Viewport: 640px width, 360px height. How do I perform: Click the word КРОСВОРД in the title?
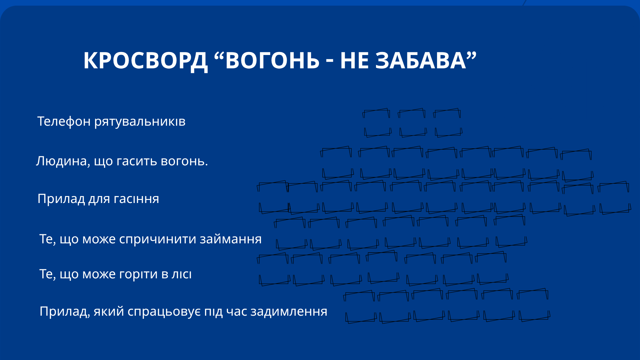pos(145,61)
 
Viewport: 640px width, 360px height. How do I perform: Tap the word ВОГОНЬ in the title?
pos(272,61)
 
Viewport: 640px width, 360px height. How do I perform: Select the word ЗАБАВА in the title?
pos(421,61)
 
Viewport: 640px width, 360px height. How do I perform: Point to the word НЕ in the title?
pos(354,61)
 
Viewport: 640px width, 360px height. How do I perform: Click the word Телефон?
pos(64,122)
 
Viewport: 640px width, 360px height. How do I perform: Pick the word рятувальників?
pos(140,122)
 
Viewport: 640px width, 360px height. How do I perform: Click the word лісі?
pos(182,274)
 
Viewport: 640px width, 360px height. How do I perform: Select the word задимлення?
pos(289,312)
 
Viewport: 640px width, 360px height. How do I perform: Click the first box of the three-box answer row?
pos(377,123)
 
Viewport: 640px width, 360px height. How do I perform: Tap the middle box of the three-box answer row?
pos(412,123)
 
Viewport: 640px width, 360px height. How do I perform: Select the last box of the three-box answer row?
pos(448,123)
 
